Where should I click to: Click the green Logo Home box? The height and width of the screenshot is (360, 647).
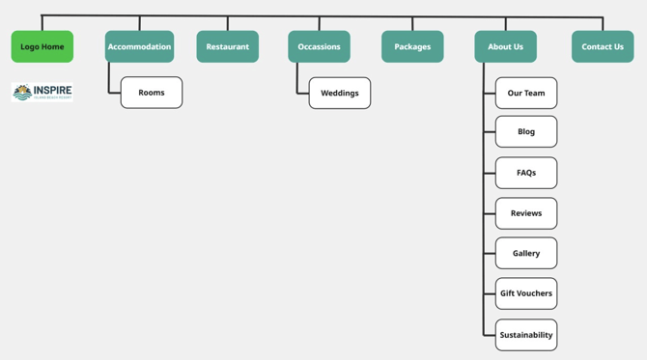[x=42, y=46]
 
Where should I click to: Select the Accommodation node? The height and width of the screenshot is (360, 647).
[x=139, y=46]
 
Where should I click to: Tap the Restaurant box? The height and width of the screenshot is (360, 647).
[x=227, y=46]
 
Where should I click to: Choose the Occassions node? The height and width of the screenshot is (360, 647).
[x=319, y=46]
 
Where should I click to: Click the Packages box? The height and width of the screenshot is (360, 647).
[x=412, y=46]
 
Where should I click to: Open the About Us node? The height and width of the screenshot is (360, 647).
[x=505, y=46]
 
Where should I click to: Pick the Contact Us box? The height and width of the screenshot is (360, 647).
[x=603, y=46]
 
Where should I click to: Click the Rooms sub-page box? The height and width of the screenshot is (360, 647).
[x=152, y=93]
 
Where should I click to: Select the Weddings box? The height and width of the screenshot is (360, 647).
[x=339, y=93]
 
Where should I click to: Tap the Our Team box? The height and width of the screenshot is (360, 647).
[x=526, y=93]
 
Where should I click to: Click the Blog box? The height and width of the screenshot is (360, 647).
[x=526, y=131]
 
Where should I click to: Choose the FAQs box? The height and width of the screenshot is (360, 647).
[x=526, y=173]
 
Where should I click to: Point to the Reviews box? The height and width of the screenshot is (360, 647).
[x=526, y=213]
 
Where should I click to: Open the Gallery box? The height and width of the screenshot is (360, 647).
[x=526, y=253]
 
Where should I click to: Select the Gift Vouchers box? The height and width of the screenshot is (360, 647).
[x=526, y=293]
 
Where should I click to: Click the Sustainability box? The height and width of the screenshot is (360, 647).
[x=526, y=335]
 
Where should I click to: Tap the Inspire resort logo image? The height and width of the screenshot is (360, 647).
[x=42, y=92]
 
